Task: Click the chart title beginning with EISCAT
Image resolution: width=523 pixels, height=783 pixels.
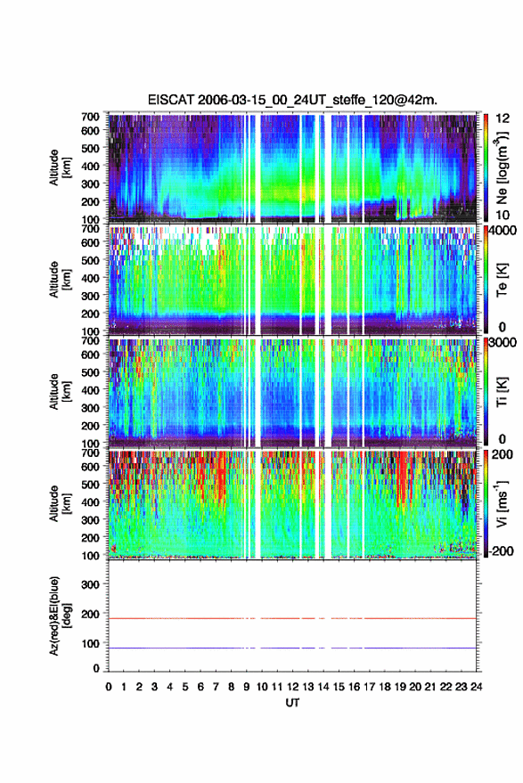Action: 292,100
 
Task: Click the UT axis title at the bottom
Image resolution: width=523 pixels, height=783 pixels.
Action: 292,703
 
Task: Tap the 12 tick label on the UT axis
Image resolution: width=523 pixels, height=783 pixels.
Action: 292,687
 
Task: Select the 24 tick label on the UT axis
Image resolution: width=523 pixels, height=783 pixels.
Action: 476,687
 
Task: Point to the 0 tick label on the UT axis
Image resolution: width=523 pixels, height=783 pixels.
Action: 109,687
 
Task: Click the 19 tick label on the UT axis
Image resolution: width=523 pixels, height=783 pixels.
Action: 400,687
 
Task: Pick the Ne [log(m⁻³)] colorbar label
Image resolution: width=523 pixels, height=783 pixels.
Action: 502,167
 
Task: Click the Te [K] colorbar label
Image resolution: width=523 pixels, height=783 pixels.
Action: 502,280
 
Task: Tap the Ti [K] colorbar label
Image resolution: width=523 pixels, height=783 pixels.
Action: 502,392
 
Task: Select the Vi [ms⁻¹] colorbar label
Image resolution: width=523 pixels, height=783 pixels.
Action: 502,503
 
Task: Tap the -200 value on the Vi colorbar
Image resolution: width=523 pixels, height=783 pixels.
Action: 501,551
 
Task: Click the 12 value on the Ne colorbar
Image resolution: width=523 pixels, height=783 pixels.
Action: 503,118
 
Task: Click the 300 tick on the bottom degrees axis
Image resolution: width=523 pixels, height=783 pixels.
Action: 90,584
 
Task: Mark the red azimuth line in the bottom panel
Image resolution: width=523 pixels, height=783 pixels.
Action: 292,618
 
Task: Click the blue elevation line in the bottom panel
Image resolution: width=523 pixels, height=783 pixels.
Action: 292,648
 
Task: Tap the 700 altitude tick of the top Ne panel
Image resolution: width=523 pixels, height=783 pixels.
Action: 90,117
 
